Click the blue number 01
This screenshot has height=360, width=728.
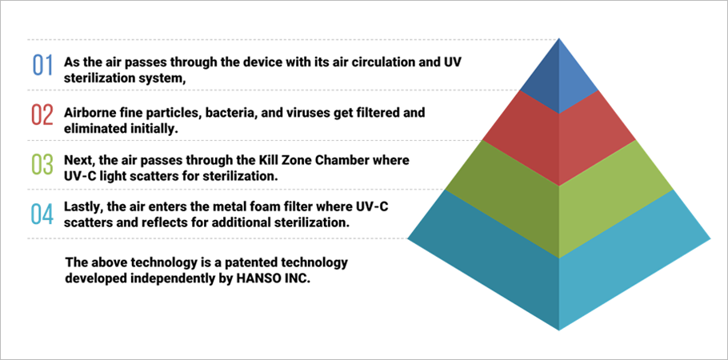coord(42,65)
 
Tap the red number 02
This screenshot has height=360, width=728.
coord(42,115)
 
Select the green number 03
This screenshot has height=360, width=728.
coord(42,166)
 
